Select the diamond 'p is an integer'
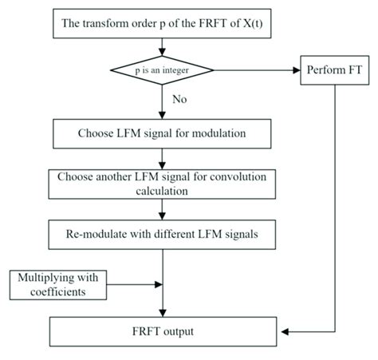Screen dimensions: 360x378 point(163,71)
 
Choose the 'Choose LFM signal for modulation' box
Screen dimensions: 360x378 point(163,133)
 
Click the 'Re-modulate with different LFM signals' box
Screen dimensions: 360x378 point(163,235)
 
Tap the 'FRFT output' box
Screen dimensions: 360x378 point(163,330)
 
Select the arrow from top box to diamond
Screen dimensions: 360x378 point(163,47)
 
